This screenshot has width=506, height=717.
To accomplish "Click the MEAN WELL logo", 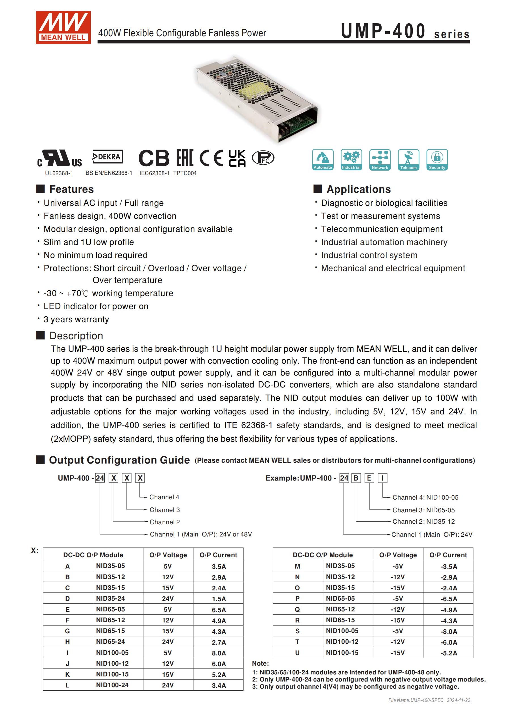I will (x=63, y=28).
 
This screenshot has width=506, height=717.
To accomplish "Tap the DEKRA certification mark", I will (x=107, y=157).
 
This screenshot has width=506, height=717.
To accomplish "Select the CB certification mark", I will (x=154, y=158).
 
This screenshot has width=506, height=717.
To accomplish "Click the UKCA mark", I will (x=237, y=158).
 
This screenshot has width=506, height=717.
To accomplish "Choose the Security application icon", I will (x=437, y=160).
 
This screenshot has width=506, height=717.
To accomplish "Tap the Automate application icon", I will (x=323, y=160).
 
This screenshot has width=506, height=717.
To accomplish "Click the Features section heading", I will (x=71, y=189).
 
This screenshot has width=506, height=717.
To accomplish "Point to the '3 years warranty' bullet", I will (x=76, y=319).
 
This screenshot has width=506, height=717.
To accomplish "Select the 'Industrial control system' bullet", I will (x=369, y=255).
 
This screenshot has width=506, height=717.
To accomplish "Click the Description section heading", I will (x=76, y=336).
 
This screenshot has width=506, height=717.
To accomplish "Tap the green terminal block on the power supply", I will (x=299, y=122).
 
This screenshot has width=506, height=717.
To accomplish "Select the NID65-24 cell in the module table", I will (x=111, y=641).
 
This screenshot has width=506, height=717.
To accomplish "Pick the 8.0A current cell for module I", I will (x=219, y=653).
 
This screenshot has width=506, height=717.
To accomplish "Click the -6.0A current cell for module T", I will (x=449, y=642).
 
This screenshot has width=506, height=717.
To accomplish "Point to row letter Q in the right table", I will (x=297, y=609).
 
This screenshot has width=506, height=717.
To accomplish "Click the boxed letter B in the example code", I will (x=356, y=478).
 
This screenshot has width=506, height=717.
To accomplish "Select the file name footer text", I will (x=429, y=700).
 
